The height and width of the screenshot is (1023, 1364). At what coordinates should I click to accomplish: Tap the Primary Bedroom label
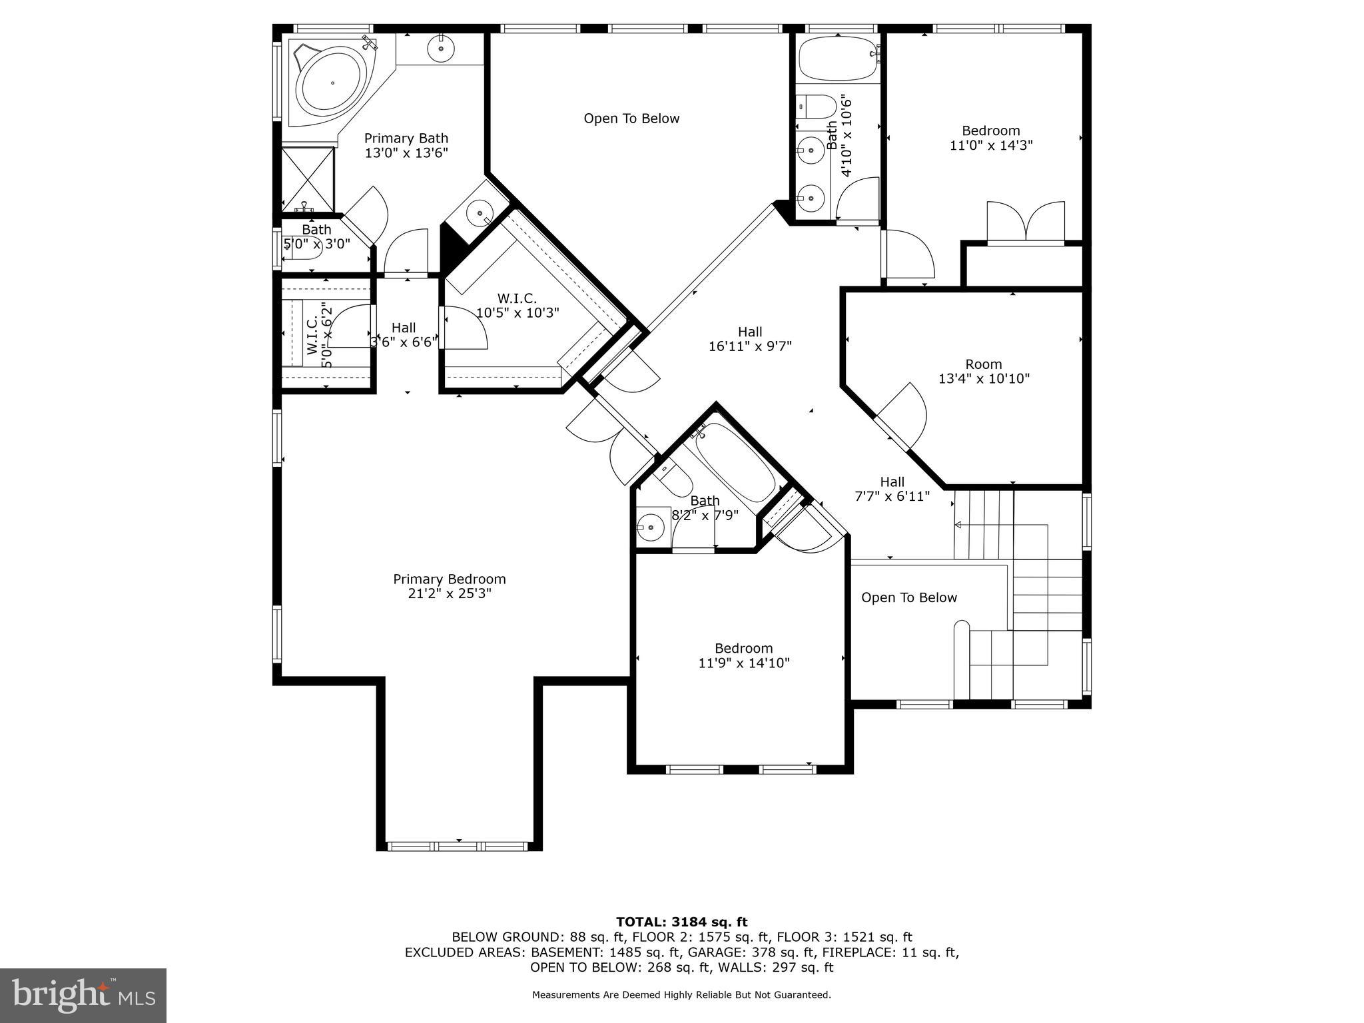[449, 579]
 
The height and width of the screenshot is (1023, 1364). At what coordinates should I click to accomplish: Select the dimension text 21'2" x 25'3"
[449, 593]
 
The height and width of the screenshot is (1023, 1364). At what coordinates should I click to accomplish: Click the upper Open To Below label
[631, 119]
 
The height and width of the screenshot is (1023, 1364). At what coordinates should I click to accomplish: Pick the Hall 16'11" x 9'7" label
[750, 338]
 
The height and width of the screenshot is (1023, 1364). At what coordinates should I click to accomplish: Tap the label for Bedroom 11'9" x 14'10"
[743, 655]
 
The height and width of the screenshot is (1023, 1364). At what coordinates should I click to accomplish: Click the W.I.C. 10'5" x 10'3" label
[517, 305]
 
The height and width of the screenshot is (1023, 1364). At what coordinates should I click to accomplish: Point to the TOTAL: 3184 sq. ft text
[681, 922]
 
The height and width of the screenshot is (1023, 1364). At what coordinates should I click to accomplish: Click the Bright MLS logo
[83, 995]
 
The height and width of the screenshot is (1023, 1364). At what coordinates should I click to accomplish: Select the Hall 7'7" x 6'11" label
[892, 488]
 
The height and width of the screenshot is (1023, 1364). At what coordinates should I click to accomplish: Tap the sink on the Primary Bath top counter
[440, 49]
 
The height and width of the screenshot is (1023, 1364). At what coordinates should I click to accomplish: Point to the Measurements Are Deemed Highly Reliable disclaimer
[681, 995]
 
